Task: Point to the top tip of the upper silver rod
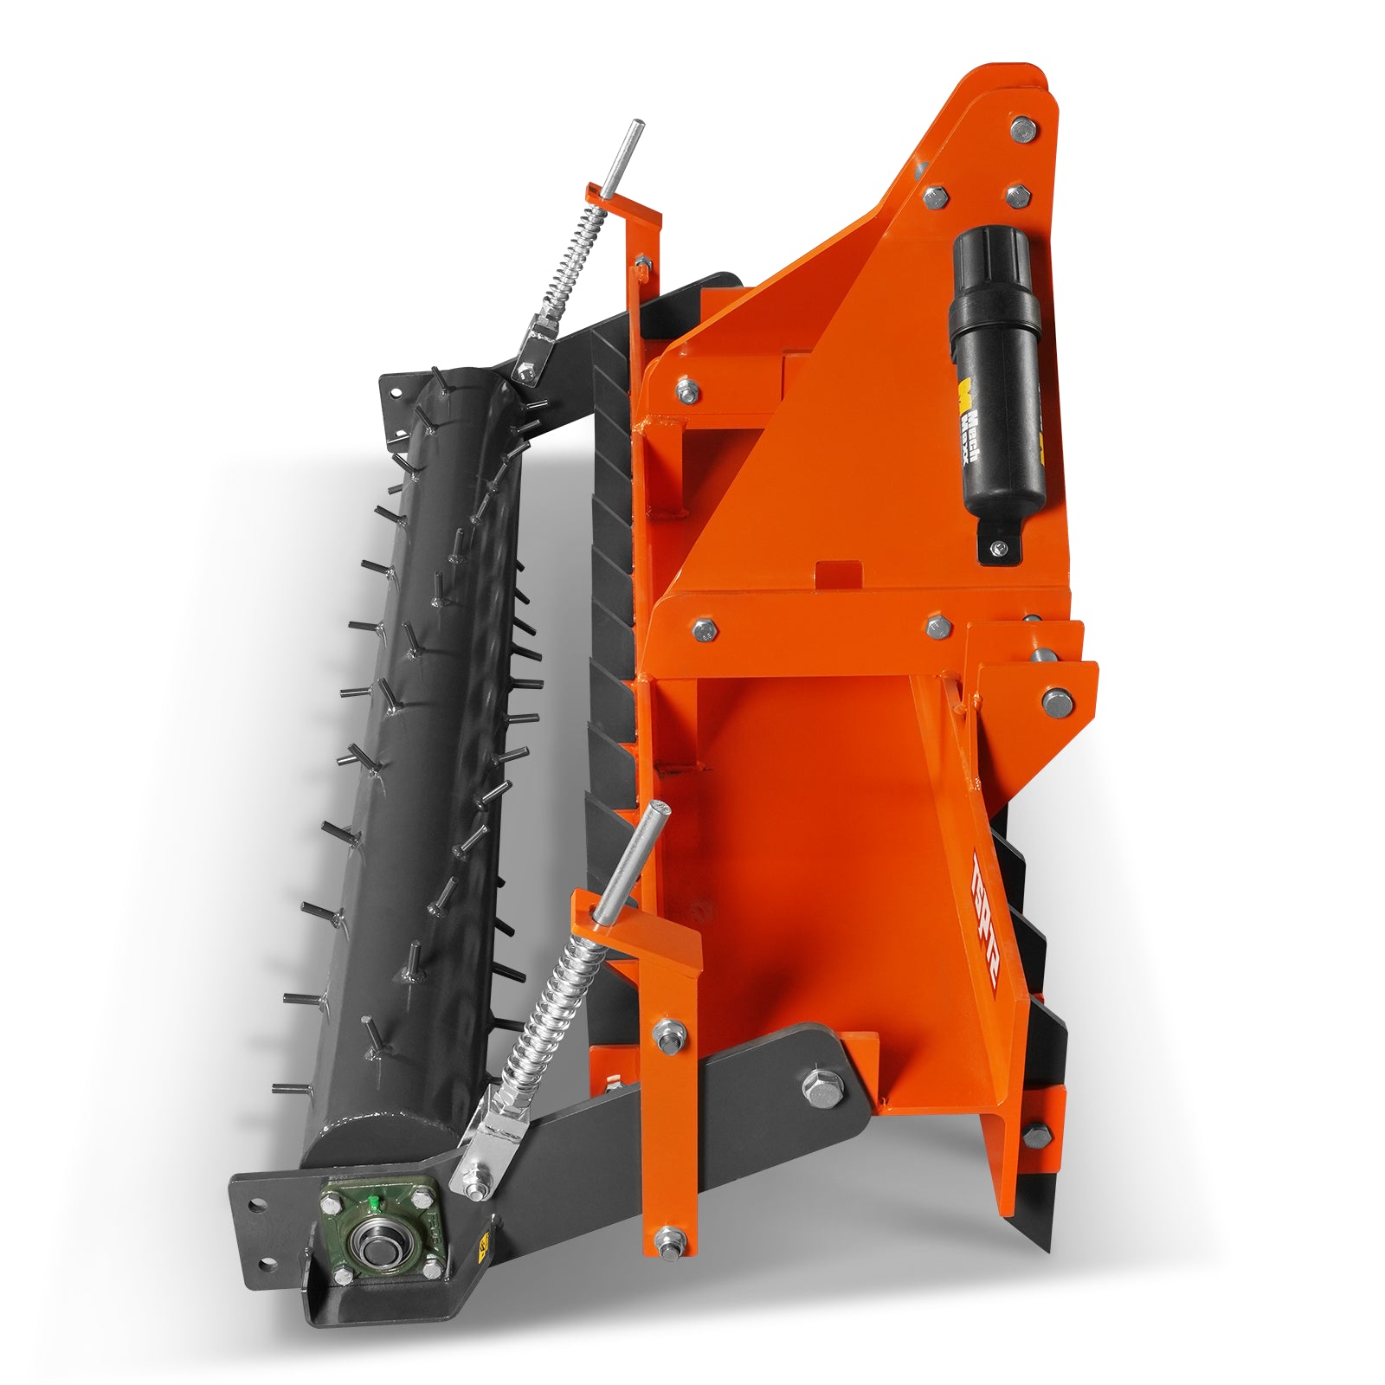point(638,124)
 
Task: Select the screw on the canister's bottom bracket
point(1000,547)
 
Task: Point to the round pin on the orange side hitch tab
point(1055,700)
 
